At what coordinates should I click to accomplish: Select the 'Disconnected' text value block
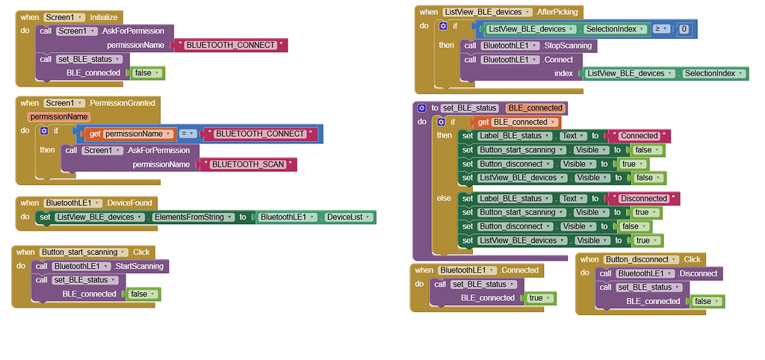(643, 199)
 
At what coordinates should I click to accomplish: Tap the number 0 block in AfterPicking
(684, 29)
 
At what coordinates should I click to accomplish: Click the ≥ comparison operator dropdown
(661, 29)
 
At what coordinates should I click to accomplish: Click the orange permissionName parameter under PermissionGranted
(59, 117)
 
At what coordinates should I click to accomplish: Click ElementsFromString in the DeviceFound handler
(191, 217)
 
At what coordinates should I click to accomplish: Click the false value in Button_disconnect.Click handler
(707, 302)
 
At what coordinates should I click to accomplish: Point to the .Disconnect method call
(696, 273)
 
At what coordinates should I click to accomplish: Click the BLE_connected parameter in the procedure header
(535, 108)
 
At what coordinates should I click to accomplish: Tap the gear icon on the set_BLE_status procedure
(421, 108)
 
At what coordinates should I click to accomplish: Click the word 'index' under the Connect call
(563, 73)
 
